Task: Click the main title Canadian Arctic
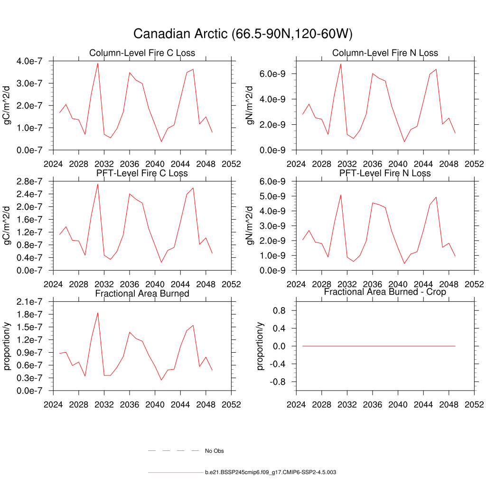coord(243,34)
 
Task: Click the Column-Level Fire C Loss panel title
coord(142,53)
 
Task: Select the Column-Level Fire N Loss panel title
coord(385,53)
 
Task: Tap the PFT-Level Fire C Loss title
coord(142,173)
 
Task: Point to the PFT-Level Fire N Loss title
coord(385,173)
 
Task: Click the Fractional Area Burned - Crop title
coord(385,292)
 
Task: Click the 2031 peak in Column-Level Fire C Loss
coord(98,63)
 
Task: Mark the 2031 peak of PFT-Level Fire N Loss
coord(341,195)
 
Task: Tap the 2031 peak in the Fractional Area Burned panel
coord(98,313)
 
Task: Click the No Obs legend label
coord(214,451)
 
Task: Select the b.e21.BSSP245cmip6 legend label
coord(271,473)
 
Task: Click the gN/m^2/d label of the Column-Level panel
coord(250,105)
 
